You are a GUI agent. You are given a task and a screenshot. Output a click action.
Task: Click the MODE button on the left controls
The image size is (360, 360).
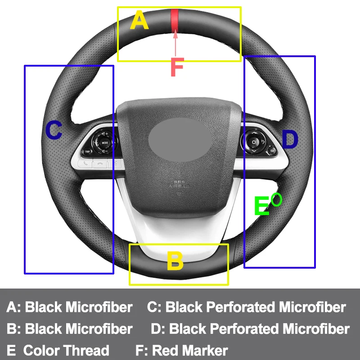[105, 143]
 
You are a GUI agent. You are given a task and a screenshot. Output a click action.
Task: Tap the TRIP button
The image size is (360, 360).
[88, 152]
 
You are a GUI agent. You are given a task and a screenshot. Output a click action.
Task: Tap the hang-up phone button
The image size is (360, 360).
[100, 164]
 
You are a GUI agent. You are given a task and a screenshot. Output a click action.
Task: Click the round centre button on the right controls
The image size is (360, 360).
[255, 142]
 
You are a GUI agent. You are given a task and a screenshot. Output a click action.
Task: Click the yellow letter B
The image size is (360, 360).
[175, 261]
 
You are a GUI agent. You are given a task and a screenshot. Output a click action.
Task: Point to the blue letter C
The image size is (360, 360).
[54, 130]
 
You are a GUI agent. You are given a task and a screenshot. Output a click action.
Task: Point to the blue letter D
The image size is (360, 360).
[290, 139]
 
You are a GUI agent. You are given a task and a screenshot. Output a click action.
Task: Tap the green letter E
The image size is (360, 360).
[261, 207]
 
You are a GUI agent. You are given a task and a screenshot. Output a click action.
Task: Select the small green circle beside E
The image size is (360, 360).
[276, 199]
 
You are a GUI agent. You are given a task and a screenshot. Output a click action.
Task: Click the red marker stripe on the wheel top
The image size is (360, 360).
[174, 21]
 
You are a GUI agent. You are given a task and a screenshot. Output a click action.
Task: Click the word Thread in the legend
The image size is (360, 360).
[85, 350]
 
